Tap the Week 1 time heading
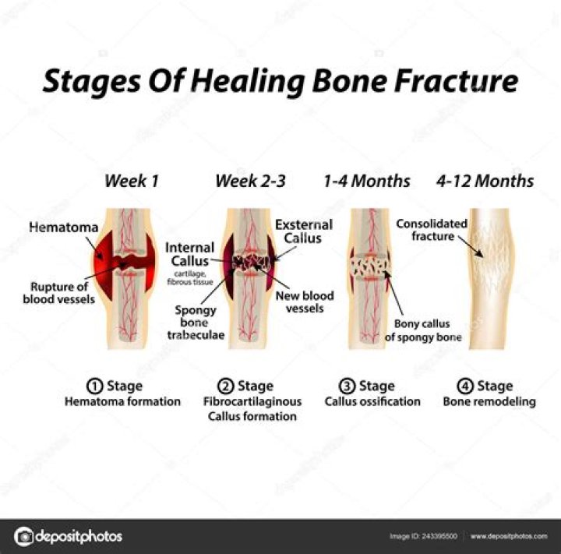132,181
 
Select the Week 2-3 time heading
250,181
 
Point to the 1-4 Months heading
367,181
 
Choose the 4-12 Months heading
485,181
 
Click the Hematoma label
64,228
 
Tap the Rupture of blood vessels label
59,293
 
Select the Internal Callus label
189,254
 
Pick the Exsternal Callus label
304,231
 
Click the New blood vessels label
305,302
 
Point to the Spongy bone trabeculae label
196,322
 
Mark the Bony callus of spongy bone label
423,330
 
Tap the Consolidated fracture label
432,230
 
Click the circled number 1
95,386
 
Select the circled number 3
347,386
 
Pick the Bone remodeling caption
489,401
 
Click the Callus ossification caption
372,401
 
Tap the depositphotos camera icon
24,536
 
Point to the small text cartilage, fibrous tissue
190,277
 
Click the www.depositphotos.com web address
509,536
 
